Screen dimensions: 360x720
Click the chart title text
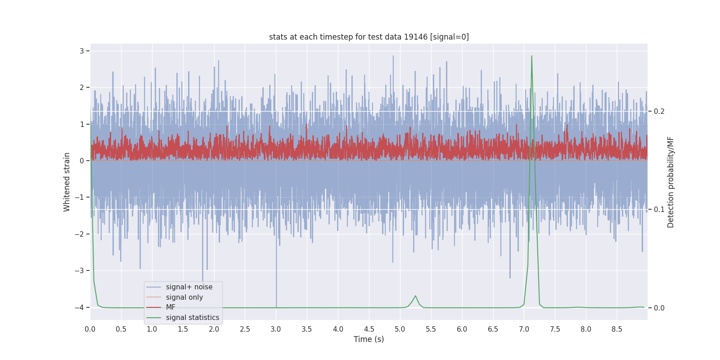click(369, 37)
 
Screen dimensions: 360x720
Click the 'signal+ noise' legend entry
click(189, 287)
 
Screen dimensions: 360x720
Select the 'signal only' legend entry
click(184, 297)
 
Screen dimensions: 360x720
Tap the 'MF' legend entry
click(171, 307)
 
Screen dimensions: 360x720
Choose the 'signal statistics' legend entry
click(192, 318)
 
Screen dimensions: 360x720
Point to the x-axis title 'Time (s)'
click(369, 339)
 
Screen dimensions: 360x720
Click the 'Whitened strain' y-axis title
click(67, 182)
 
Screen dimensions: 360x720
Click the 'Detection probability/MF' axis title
click(670, 182)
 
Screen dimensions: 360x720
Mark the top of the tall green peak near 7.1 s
click(531, 56)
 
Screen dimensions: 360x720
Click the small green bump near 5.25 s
click(415, 296)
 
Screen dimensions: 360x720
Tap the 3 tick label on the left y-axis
click(82, 51)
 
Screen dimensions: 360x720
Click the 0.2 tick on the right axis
click(659, 111)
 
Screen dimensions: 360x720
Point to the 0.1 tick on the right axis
click(659, 209)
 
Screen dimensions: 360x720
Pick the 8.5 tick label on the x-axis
click(616, 329)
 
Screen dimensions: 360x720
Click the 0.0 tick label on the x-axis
click(90, 329)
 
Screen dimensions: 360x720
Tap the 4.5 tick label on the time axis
click(369, 329)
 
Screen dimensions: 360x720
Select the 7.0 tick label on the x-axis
click(524, 329)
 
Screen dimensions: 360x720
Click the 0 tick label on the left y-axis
click(82, 161)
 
